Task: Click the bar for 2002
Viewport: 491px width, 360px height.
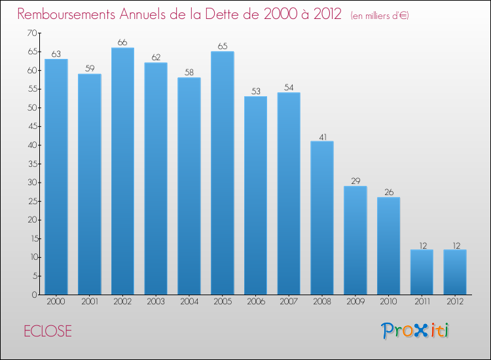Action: point(122,171)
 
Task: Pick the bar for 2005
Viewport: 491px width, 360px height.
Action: point(223,173)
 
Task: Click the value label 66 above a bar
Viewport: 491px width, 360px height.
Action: point(122,43)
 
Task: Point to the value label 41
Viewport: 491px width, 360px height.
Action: point(322,136)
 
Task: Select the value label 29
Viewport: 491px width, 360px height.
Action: point(355,181)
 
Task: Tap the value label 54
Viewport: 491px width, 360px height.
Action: point(289,87)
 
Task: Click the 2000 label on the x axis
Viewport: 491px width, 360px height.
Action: point(56,302)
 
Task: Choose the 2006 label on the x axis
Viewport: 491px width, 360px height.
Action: point(255,302)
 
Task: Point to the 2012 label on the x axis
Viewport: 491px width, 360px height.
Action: point(455,302)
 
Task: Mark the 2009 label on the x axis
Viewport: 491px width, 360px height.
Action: point(355,302)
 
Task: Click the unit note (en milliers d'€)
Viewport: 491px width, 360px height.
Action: point(380,15)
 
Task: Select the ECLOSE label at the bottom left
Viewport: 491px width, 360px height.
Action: point(48,331)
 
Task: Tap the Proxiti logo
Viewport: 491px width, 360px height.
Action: point(415,331)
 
